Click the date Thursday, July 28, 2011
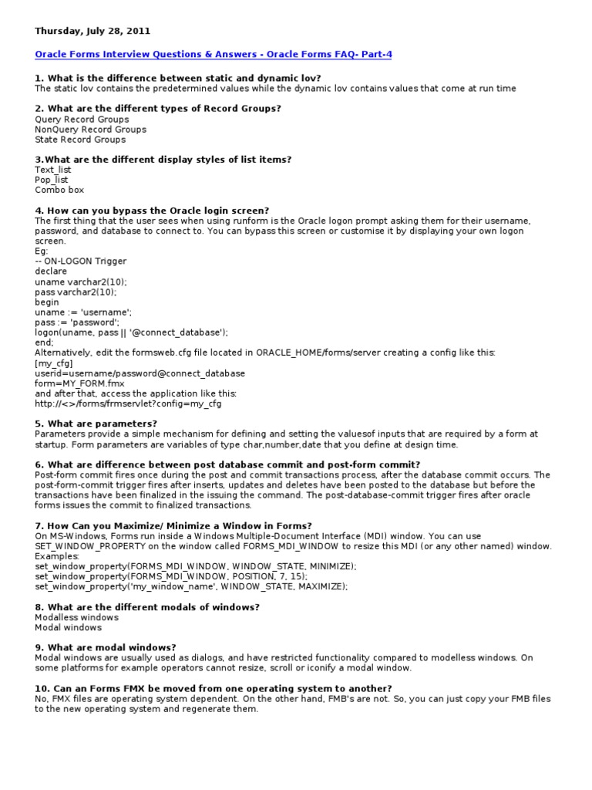(x=92, y=31)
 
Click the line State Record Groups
(x=80, y=140)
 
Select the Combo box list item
(x=59, y=190)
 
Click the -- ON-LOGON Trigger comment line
(x=81, y=262)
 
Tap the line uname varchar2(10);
(x=81, y=282)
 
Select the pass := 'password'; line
(x=76, y=322)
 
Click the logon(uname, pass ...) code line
(x=132, y=332)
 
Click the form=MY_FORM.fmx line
(x=79, y=383)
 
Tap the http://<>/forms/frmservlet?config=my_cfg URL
(x=128, y=403)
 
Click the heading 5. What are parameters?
(x=96, y=424)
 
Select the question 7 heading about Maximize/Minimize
(x=173, y=525)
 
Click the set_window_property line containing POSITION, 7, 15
(x=171, y=576)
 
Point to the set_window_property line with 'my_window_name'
(x=191, y=586)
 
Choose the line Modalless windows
(x=76, y=617)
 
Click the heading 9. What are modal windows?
(x=106, y=647)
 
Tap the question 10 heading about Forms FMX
(x=214, y=687)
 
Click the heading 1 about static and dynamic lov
(x=178, y=79)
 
